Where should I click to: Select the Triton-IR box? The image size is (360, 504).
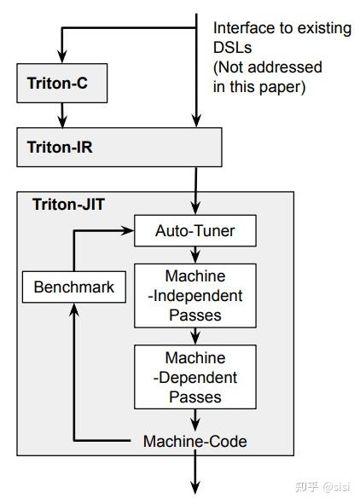[119, 147]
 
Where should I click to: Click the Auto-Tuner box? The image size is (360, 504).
[195, 230]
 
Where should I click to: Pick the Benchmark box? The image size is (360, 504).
[73, 287]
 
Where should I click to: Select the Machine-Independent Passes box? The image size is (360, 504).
[195, 296]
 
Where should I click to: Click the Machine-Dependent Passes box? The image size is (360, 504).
[195, 377]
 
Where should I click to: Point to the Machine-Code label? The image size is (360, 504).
[195, 441]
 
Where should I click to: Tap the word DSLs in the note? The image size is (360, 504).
[230, 47]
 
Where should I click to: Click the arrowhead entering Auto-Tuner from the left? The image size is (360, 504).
[128, 230]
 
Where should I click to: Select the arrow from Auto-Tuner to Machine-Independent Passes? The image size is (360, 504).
[195, 253]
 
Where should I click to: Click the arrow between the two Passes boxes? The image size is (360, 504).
[195, 336]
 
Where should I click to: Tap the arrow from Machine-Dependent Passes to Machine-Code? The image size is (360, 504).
[195, 420]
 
